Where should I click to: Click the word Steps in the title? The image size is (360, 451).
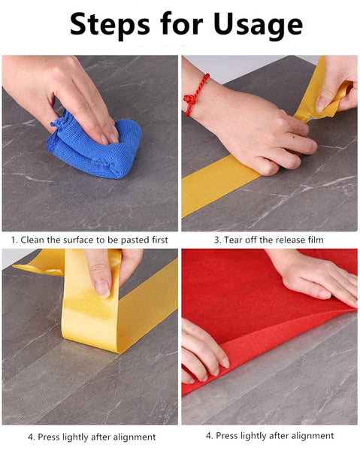tap(110, 25)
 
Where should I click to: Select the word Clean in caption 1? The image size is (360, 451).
tap(32, 240)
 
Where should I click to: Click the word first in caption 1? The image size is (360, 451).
tap(159, 240)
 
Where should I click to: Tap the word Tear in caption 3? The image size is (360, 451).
tap(233, 240)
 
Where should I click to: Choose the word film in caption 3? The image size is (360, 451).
tap(316, 240)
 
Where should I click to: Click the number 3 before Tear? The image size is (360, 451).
tap(217, 240)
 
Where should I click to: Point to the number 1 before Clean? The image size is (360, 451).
tap(14, 240)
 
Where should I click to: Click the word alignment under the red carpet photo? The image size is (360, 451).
tap(313, 436)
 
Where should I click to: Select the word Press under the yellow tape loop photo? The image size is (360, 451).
tap(49, 437)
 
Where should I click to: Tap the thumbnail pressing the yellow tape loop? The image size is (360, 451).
tap(103, 289)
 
